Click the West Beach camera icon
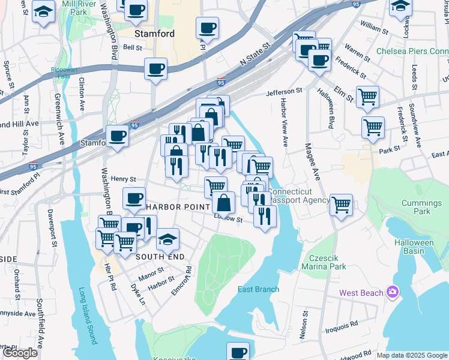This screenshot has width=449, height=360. (393, 292)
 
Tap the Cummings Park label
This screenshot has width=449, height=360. (417, 207)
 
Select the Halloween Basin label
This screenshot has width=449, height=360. (414, 247)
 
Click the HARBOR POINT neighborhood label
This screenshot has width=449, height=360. (176, 207)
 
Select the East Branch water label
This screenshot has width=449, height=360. (258, 289)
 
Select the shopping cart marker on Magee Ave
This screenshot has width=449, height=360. (341, 204)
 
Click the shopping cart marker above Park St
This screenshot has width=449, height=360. (373, 127)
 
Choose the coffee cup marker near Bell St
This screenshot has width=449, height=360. (155, 68)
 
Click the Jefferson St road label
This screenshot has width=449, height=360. (285, 91)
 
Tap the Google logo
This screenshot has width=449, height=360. (20, 353)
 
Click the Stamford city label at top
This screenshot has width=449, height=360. (154, 34)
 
